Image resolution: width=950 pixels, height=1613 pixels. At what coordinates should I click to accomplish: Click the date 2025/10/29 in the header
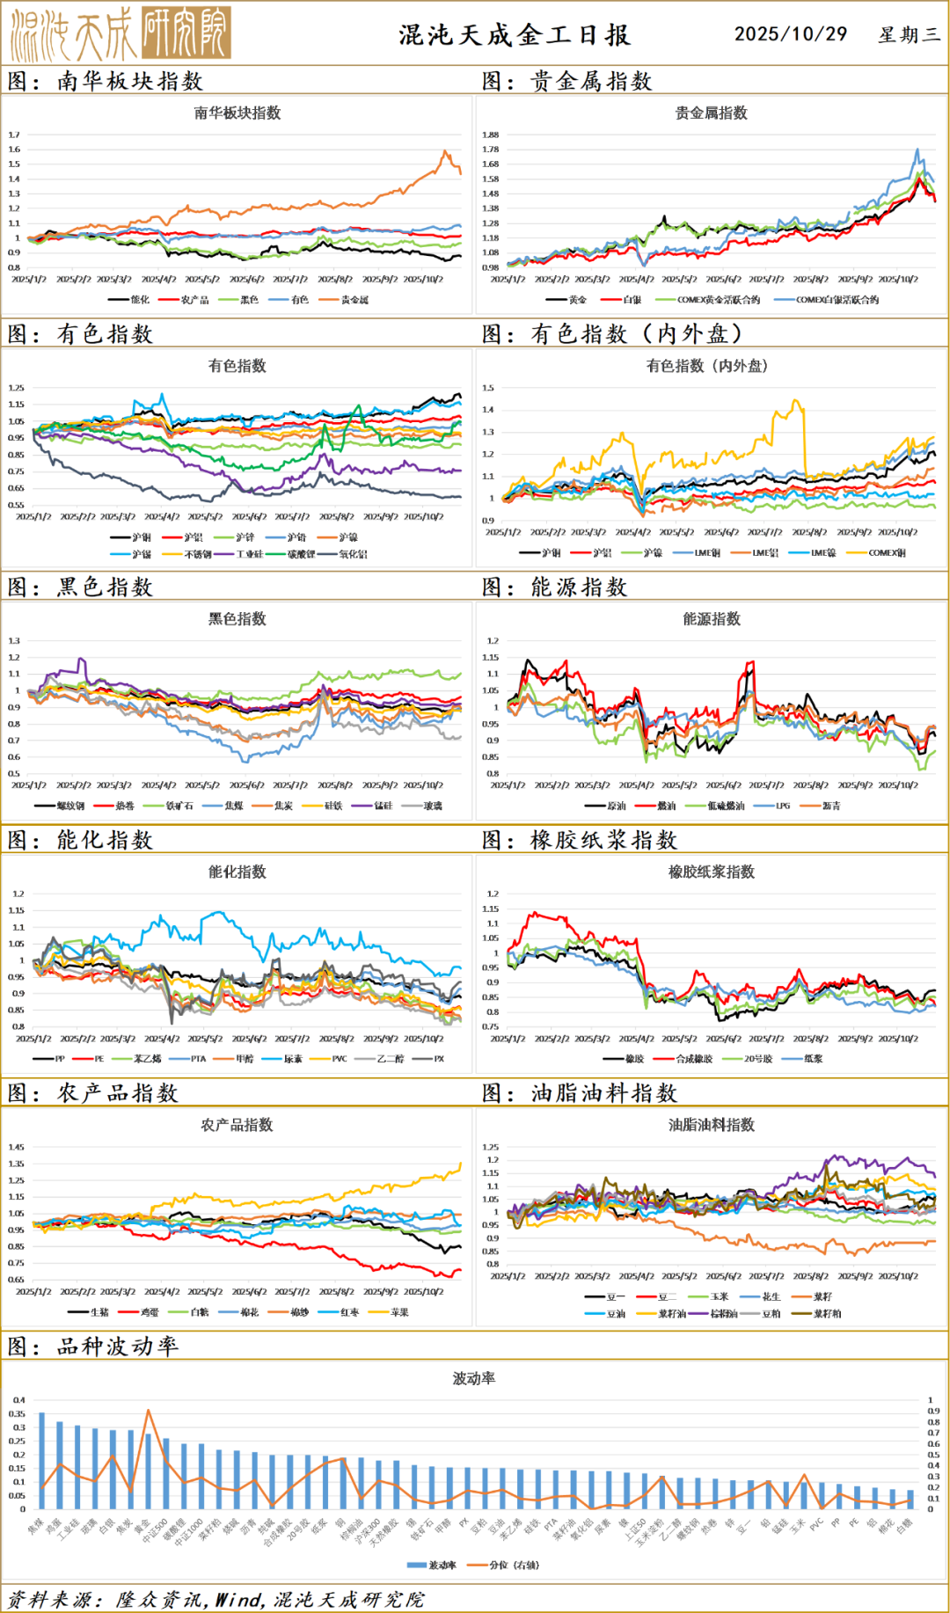(790, 33)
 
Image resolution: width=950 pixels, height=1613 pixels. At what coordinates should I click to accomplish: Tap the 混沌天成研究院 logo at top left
(121, 33)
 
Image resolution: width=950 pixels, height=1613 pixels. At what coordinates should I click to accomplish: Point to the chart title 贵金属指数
(711, 113)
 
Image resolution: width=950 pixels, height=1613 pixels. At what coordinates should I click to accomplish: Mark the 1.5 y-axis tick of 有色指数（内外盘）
(488, 388)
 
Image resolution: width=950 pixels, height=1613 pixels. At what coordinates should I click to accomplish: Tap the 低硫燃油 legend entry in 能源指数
(725, 806)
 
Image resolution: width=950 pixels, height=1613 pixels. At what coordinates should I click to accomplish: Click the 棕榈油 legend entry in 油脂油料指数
(723, 1314)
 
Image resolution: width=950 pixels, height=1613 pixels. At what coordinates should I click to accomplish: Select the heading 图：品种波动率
(93, 1347)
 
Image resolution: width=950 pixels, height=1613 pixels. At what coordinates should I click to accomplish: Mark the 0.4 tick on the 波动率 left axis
(18, 1400)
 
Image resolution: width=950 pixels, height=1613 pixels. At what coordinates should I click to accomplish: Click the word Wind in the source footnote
(237, 1599)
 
